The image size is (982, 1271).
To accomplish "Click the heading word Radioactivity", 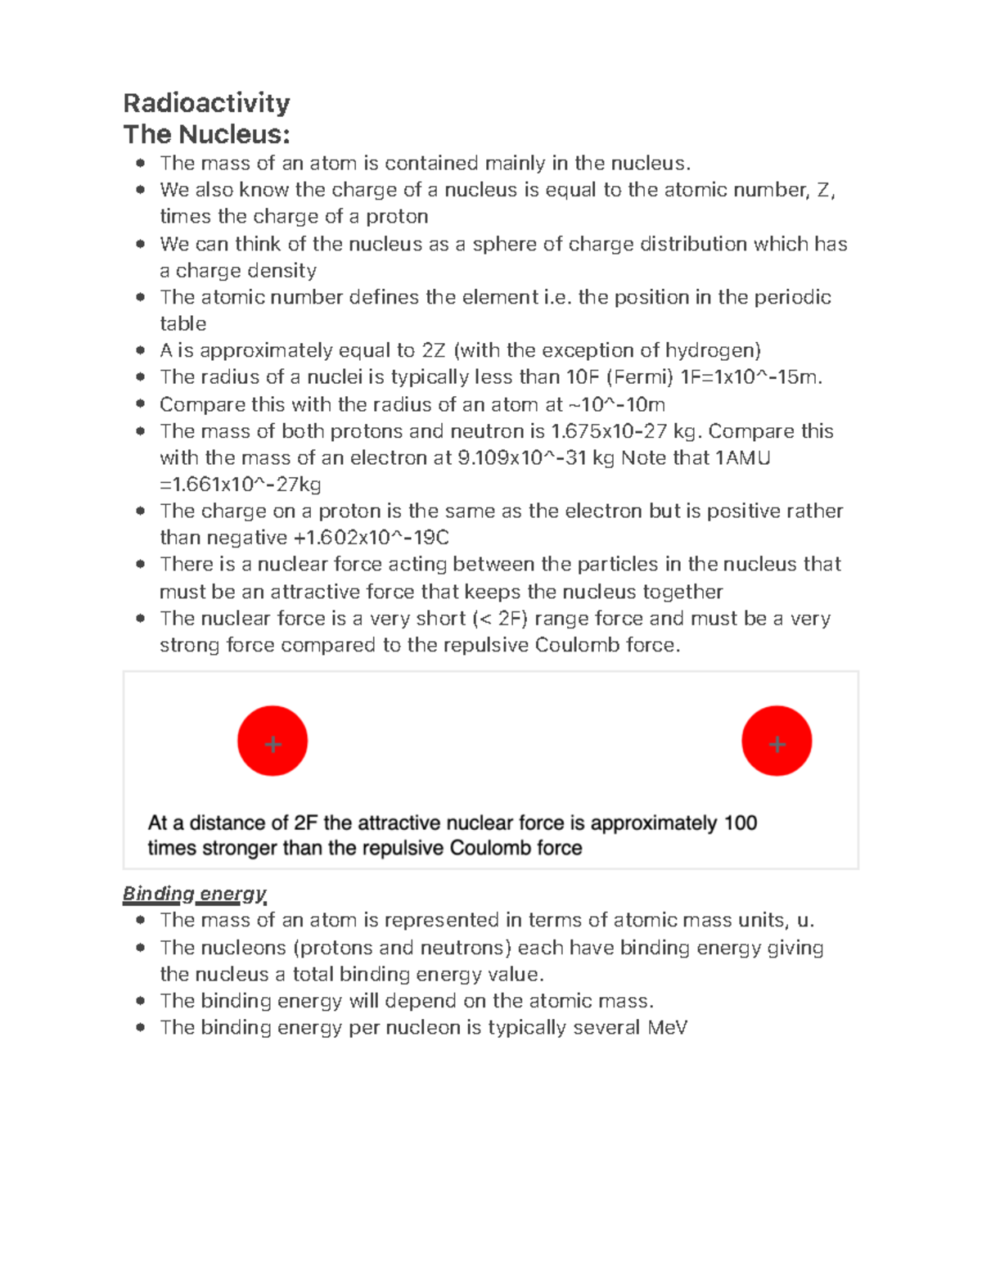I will click(206, 103).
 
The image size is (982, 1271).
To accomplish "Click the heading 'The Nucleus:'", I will click(206, 134).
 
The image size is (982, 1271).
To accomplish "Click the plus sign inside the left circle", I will click(273, 744).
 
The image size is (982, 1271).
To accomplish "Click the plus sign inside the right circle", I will click(777, 744).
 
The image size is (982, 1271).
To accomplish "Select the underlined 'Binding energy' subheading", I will click(195, 894).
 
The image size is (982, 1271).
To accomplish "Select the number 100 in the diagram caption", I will click(740, 823).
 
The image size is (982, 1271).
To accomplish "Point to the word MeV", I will click(667, 1028).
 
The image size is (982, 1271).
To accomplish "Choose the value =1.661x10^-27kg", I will click(241, 485).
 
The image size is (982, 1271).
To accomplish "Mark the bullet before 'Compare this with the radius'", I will click(141, 403).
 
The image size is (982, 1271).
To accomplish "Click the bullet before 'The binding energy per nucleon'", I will click(141, 1027).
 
